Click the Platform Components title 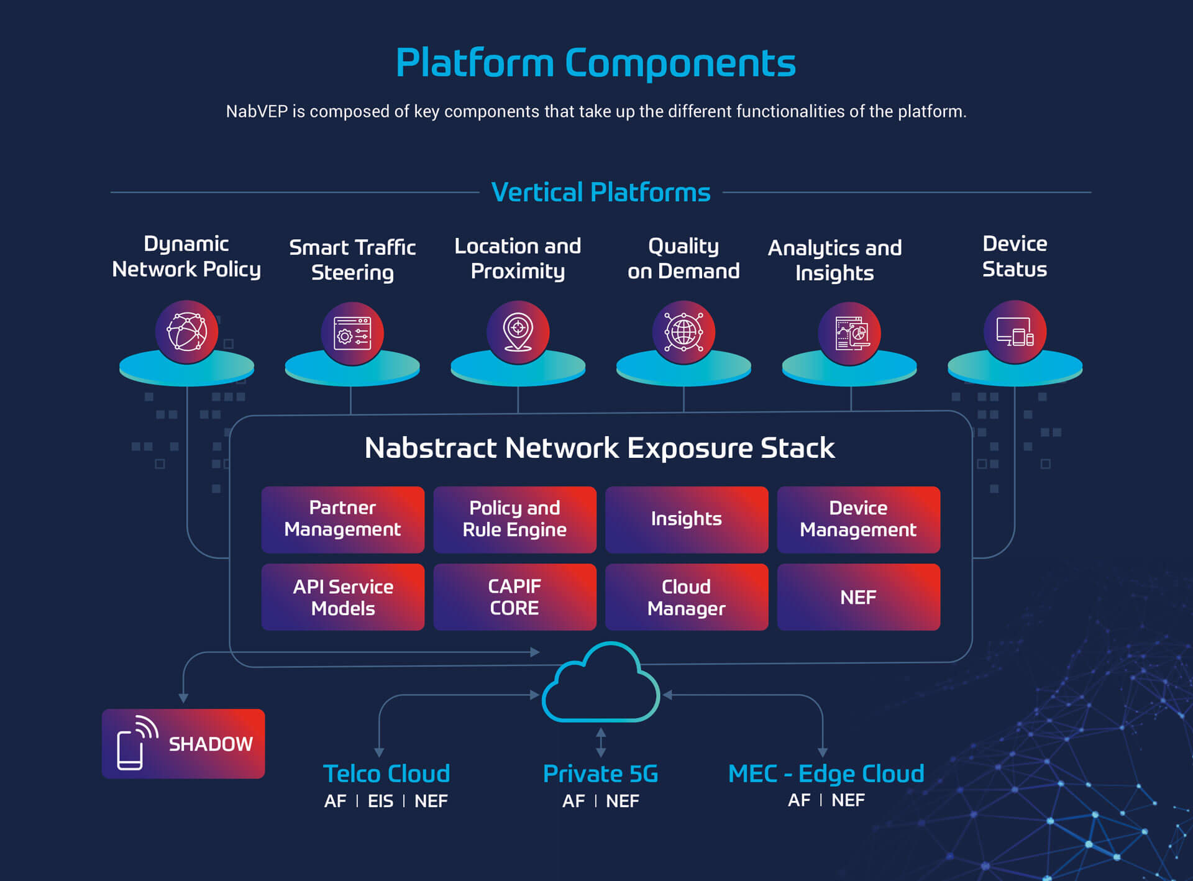(595, 63)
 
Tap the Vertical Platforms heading (600, 192)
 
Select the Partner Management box (342, 519)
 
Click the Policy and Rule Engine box (514, 519)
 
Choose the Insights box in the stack (686, 519)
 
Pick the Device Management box (858, 519)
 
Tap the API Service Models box (342, 597)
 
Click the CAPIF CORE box (514, 597)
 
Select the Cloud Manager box (686, 597)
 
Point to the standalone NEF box (858, 597)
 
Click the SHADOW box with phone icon (183, 744)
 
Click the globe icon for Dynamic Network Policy (186, 332)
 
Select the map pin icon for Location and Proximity (518, 332)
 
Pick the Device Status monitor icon (1015, 332)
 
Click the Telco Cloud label (386, 774)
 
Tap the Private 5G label (600, 774)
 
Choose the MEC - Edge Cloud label (826, 774)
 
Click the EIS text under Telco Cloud (380, 801)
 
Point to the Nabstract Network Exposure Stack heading (600, 448)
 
